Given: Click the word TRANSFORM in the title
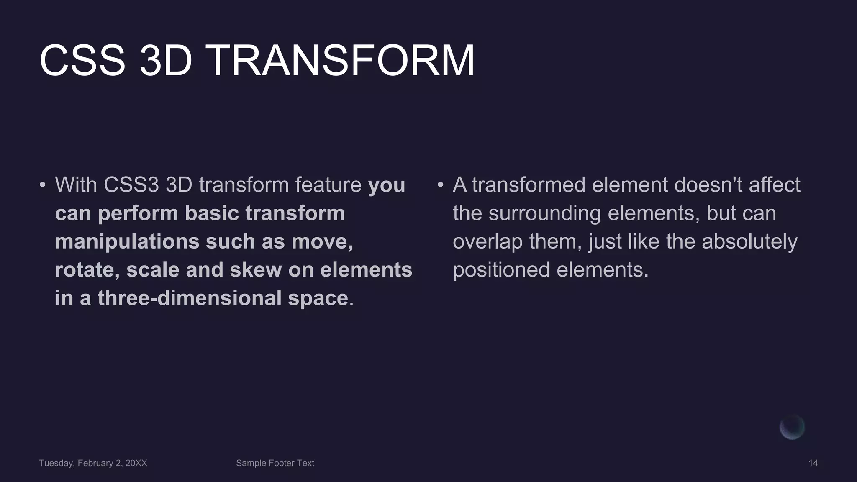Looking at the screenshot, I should (x=340, y=61).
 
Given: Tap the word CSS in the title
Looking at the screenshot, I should (x=82, y=61).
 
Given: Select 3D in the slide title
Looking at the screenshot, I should (x=166, y=61).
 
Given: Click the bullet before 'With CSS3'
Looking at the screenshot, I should (x=42, y=185).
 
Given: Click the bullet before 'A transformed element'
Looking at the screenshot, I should (x=440, y=185).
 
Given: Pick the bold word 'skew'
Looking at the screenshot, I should (x=255, y=270).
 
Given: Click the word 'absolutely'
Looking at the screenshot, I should (x=749, y=242).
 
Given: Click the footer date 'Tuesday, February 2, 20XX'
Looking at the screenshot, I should (x=93, y=463).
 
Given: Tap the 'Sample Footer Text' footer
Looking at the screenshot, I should (x=275, y=463).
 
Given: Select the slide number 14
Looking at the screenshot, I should (x=813, y=463).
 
